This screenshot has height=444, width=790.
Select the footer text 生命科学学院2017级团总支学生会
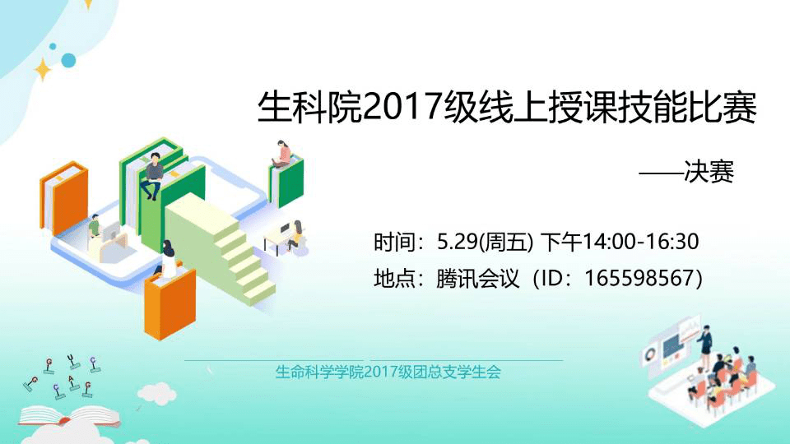click(388, 372)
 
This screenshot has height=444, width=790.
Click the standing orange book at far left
click(64, 197)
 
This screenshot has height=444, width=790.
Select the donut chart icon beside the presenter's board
click(651, 353)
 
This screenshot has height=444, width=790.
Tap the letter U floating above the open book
click(72, 358)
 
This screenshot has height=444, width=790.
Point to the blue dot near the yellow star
click(68, 59)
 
